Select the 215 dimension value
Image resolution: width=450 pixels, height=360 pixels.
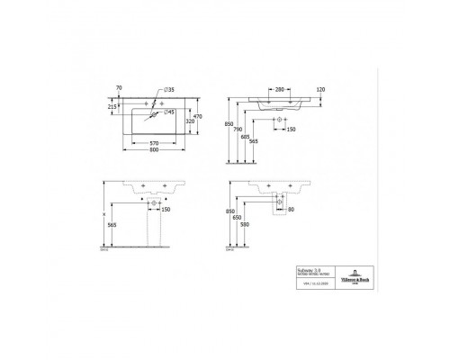point(112,105)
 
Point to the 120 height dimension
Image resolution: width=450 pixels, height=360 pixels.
point(320,89)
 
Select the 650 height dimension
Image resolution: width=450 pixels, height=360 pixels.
point(236,217)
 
